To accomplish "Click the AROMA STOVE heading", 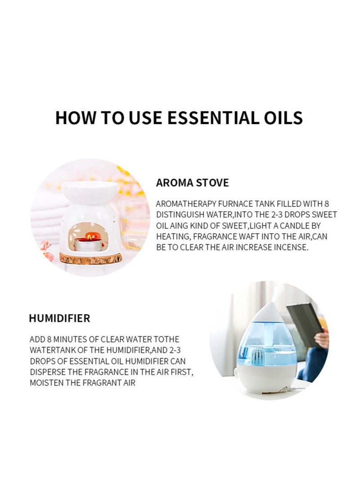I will click(192, 183).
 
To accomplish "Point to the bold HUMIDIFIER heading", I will click(59, 319).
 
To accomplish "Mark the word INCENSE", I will click(292, 248).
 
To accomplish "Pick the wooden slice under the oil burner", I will click(89, 259).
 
